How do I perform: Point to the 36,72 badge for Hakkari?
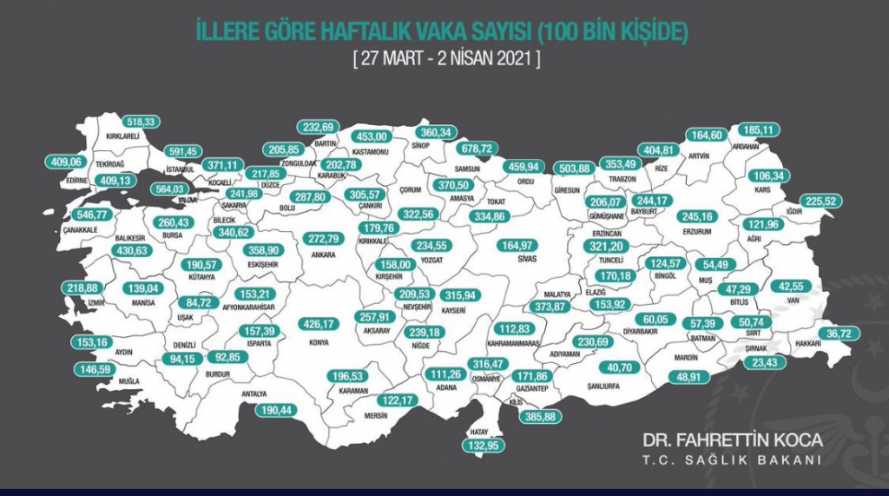coord(842,332)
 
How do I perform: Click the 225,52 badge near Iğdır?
coord(820,201)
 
